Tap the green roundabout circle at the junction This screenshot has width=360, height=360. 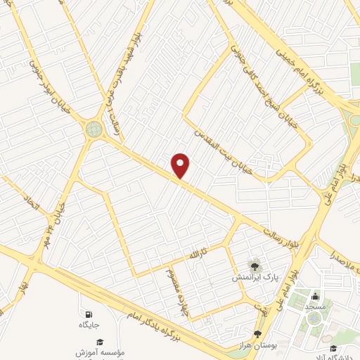point(94,129)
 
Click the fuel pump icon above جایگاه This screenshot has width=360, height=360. point(88,314)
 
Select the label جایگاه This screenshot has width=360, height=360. point(89,326)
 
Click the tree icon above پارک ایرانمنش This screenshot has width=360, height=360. point(255,265)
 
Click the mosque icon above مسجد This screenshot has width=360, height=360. point(314,295)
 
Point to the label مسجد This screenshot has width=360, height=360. point(314,307)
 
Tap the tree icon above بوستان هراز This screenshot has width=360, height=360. point(257,333)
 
